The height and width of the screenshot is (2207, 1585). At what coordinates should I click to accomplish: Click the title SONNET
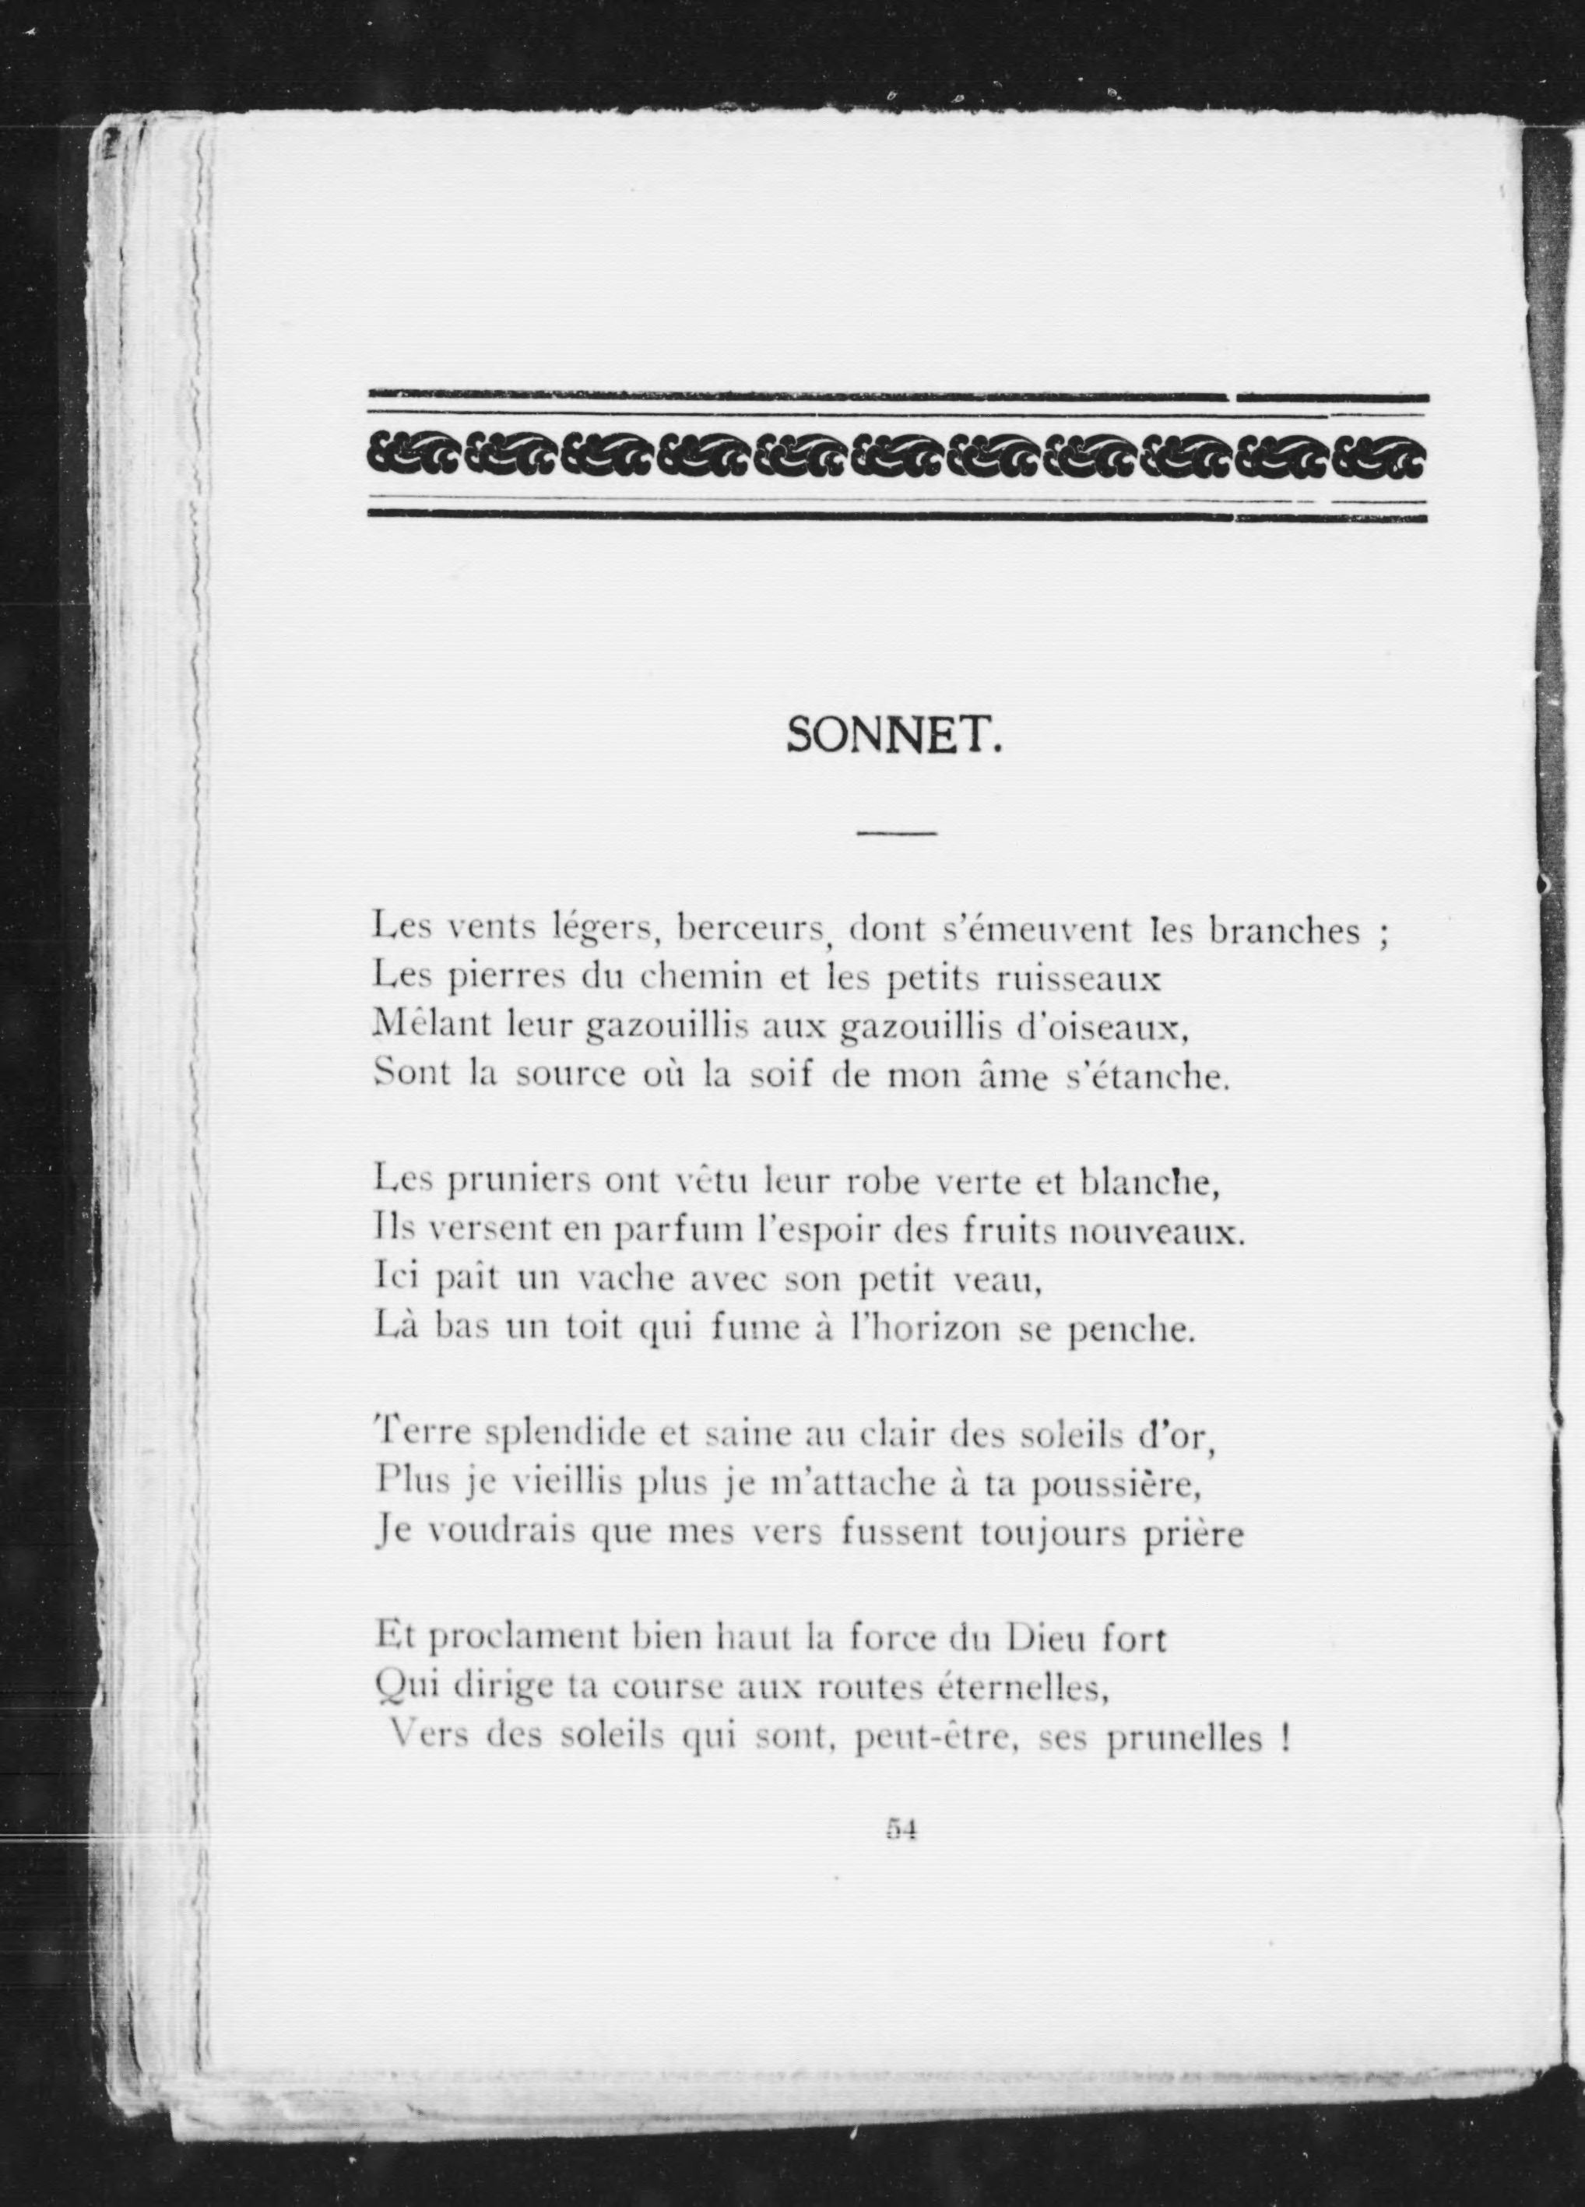[893, 736]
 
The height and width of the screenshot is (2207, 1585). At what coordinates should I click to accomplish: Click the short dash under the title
[895, 833]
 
